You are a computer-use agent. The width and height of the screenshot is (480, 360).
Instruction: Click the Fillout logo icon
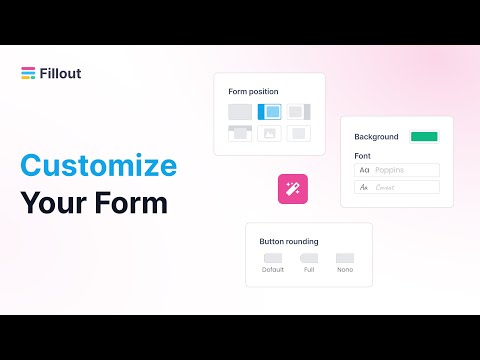(27, 71)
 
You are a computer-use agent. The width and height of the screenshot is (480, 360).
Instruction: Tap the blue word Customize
(98, 165)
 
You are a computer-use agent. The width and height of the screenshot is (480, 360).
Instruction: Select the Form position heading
(254, 92)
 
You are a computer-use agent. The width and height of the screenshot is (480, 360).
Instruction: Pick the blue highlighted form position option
(269, 112)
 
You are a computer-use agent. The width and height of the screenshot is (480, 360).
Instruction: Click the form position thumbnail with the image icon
(269, 133)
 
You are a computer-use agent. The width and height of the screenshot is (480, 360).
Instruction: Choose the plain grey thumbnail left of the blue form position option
(240, 112)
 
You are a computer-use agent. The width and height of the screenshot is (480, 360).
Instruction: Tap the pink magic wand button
(293, 187)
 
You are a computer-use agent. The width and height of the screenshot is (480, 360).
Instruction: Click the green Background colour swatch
(424, 136)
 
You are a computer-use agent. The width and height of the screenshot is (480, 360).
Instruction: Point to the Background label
(376, 137)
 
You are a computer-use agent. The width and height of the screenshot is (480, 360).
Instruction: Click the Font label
(363, 156)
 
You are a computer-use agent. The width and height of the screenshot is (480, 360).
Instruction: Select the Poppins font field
(397, 170)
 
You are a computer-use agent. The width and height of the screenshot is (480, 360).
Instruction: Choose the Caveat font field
(397, 187)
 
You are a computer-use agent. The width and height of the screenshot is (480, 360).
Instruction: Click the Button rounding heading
(288, 241)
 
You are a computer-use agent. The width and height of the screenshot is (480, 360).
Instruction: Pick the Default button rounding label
(273, 270)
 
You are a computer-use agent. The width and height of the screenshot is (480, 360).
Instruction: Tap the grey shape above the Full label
(309, 258)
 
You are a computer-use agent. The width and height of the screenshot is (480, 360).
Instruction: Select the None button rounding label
(345, 270)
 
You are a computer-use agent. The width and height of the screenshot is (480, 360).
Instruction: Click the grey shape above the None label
(345, 258)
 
